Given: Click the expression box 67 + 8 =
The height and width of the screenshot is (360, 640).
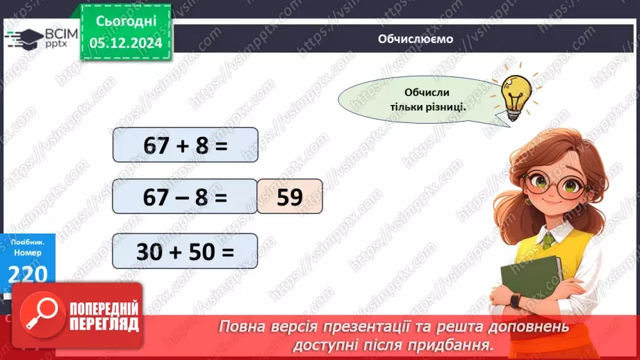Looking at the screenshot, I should click(185, 146).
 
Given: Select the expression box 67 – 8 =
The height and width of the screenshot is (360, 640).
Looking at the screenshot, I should click(185, 197).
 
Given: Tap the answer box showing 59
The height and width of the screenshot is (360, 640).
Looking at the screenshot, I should click(289, 197).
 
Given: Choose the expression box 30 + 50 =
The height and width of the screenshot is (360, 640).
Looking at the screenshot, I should click(185, 251).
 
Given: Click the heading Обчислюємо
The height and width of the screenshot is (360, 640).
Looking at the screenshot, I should click(416, 39).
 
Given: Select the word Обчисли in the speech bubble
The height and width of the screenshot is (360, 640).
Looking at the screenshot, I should click(426, 93).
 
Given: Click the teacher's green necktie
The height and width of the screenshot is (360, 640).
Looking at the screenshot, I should click(549, 240).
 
